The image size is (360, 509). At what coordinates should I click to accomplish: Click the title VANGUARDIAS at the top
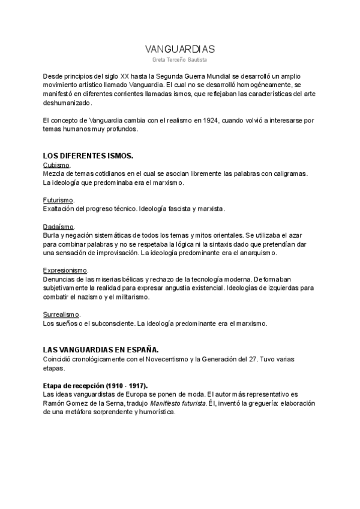tap(180, 49)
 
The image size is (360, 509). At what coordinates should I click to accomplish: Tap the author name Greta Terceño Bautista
tap(180, 60)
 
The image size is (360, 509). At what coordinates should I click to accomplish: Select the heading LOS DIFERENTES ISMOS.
tap(88, 155)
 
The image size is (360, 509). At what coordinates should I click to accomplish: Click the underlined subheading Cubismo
tap(57, 164)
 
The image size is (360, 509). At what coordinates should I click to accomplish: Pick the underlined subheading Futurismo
tap(58, 200)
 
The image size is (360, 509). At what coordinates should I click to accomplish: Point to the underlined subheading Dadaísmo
tap(58, 227)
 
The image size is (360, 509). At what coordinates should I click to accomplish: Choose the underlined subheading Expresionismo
tap(65, 271)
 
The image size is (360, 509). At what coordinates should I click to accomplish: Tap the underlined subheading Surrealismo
tap(62, 315)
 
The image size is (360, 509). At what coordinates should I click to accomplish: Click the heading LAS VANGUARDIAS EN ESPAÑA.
tap(101, 349)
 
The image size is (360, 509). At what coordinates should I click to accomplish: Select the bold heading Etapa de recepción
tap(95, 385)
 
